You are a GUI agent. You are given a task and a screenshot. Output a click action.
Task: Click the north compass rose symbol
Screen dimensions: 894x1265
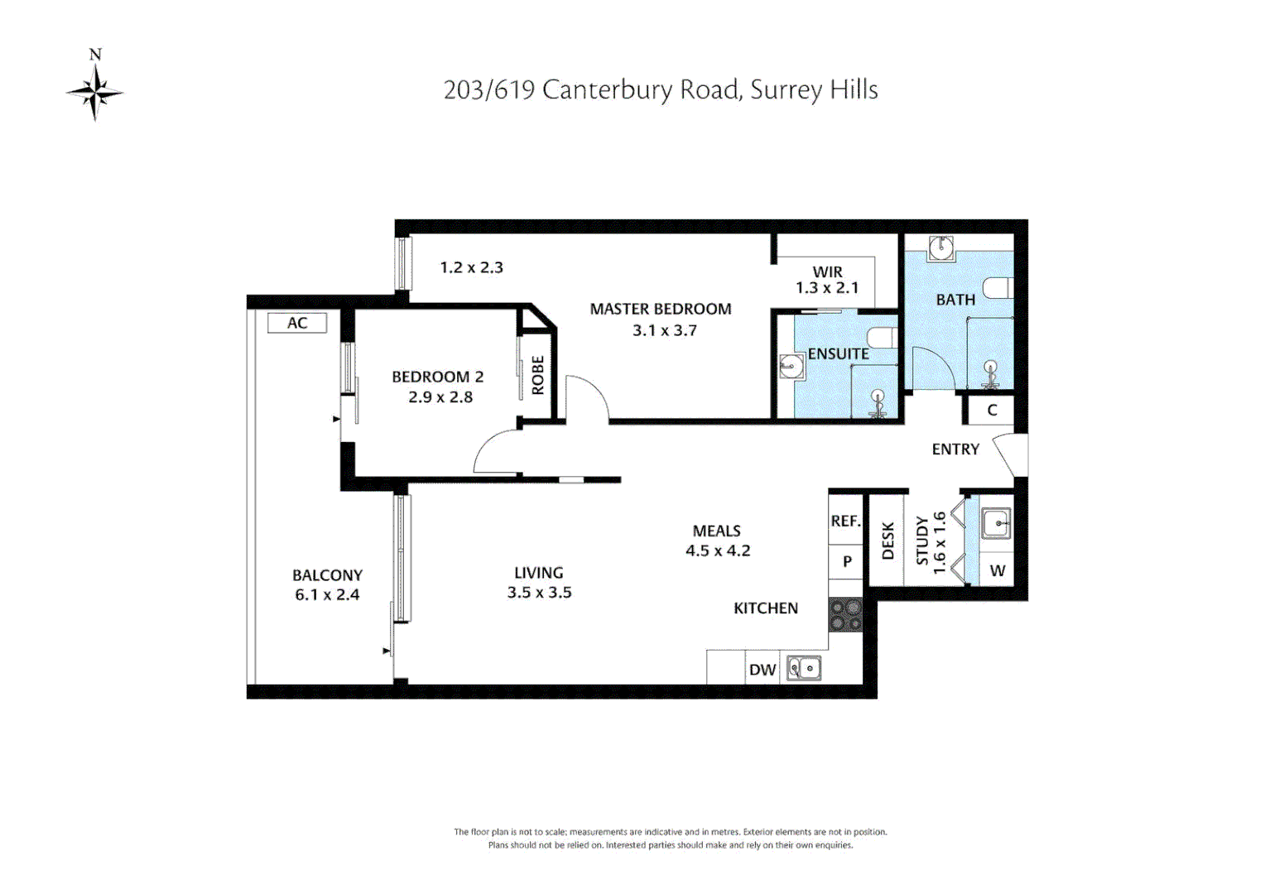pos(95,92)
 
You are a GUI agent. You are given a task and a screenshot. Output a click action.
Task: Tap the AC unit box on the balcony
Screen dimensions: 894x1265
pos(297,323)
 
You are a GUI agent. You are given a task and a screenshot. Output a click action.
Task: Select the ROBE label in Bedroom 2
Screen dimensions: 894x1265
pos(537,375)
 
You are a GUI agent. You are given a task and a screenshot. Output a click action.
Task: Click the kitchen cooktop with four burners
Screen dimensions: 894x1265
pos(845,615)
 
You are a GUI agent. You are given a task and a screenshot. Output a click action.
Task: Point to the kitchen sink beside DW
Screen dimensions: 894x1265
pos(804,668)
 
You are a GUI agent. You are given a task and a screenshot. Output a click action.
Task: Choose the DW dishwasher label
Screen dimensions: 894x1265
pos(762,670)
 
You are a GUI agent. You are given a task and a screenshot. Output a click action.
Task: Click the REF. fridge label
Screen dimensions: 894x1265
pos(845,521)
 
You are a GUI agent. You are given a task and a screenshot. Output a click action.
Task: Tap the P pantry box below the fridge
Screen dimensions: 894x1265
pos(846,561)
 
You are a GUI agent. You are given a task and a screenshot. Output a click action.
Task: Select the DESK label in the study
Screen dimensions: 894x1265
pos(887,541)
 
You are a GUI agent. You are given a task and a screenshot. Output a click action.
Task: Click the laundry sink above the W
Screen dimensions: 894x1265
pos(995,523)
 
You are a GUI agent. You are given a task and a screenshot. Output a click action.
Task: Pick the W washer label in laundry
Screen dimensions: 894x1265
pos(997,570)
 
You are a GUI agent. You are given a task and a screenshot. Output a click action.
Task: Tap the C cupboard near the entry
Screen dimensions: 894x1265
pos(992,410)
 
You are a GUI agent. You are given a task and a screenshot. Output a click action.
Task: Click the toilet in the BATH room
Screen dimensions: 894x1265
pos(999,288)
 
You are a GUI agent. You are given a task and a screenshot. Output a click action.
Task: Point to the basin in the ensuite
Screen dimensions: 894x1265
pos(791,365)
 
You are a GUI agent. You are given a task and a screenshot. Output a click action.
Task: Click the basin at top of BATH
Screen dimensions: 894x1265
pos(940,247)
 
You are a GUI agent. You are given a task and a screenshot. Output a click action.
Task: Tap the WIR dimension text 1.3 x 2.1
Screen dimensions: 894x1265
pos(827,288)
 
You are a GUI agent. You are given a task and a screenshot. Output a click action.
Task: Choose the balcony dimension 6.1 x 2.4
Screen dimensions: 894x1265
pos(327,594)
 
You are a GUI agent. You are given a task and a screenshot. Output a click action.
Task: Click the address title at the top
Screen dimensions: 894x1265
pos(660,89)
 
